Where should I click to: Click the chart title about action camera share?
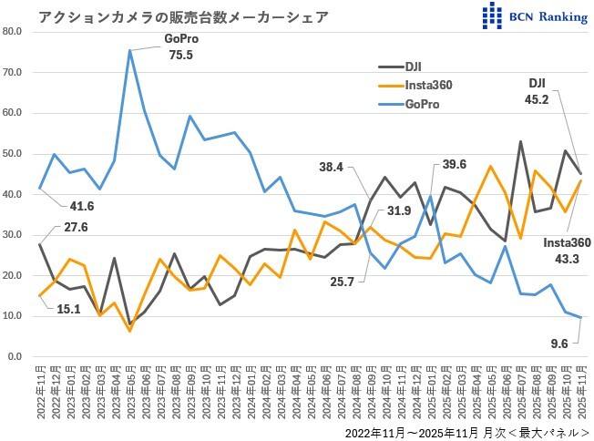[183, 17]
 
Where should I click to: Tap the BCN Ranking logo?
[536, 15]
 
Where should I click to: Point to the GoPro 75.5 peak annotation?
[181, 46]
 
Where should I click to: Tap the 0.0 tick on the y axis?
[16, 356]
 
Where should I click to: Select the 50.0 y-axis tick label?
[14, 153]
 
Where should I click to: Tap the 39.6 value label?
[455, 164]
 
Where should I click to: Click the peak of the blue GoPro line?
[130, 51]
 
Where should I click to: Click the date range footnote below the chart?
[466, 431]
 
